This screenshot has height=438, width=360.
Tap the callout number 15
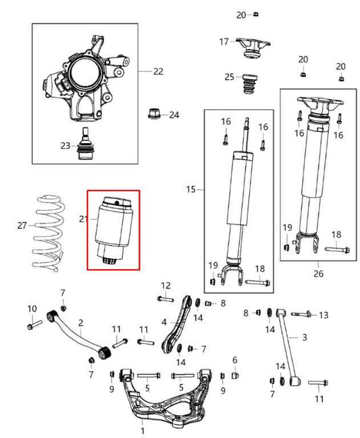[192, 190]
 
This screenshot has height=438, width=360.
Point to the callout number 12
[165, 285]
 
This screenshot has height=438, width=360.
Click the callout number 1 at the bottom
[143, 430]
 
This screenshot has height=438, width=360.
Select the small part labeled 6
[235, 374]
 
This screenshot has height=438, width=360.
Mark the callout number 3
[305, 337]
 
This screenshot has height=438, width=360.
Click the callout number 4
[163, 323]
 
